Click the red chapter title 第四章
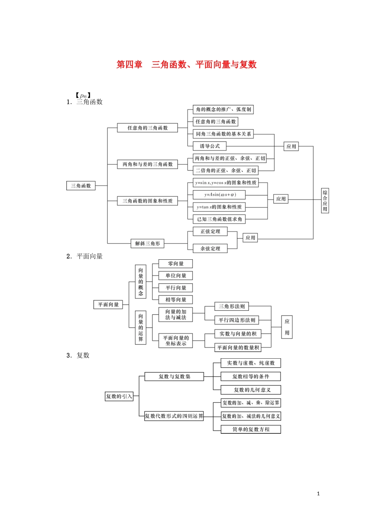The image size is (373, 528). coord(130,65)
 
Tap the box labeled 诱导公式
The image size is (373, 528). coord(210,146)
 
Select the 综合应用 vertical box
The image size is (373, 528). coord(325,201)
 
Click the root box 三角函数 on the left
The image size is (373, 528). coord(81,186)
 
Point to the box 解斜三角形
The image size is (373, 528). coord(148,244)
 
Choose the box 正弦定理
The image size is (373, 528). coord(210,232)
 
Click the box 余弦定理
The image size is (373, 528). coord(210,249)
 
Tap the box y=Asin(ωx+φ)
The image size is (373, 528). coord(220,195)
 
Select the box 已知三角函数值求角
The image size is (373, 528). coord(219,219)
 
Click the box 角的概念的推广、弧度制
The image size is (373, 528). coord(223,110)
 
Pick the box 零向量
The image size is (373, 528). coord(176,264)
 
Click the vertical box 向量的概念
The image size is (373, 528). coord(141,282)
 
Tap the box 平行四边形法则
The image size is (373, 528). coord(237,320)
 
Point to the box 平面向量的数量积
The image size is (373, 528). coord(238,348)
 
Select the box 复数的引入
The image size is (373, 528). coord(119,396)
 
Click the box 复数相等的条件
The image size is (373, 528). coord(250,377)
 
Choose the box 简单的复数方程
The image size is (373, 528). coord(250,429)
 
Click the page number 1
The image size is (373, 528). coord(318,494)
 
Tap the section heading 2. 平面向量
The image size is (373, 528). coord(85,257)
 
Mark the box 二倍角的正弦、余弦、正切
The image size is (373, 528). coord(226,170)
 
